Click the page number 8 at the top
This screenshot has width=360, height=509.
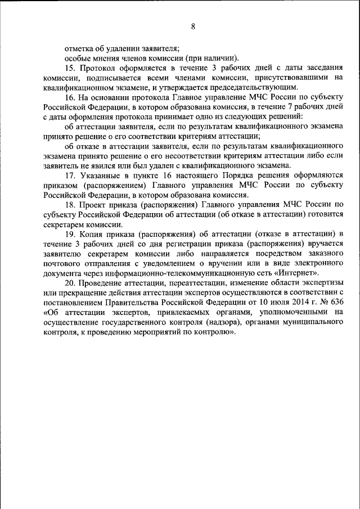(193, 26)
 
